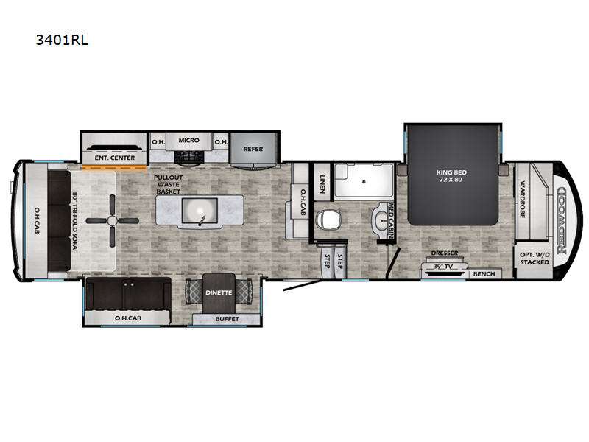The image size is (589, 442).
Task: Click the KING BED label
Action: pos(451,176)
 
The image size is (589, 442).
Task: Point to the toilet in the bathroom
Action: pos(328,219)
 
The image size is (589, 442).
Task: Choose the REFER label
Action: pos(253,149)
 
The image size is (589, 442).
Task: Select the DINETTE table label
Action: pos(219,292)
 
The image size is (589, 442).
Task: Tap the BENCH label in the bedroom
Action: pos(483,274)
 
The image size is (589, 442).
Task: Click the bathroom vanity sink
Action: pos(381,219)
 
